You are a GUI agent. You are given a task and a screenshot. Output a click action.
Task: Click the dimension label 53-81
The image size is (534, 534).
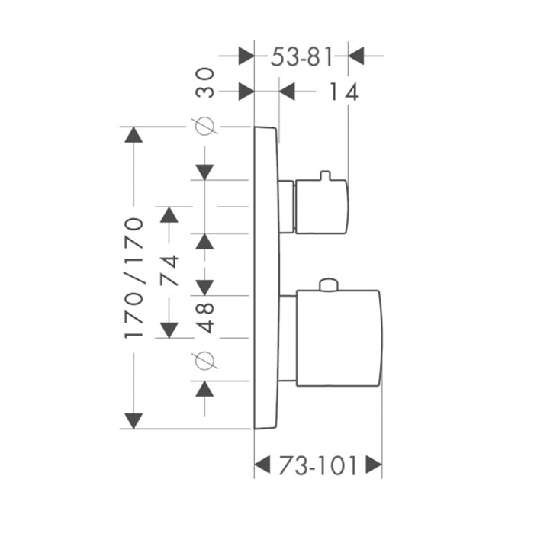pos(301,57)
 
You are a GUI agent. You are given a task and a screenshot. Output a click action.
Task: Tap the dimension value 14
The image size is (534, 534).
pos(343,92)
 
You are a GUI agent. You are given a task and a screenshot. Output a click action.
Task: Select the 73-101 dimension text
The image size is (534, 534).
pos(318,465)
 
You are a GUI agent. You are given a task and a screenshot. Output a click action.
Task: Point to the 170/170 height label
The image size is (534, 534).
pos(133,278)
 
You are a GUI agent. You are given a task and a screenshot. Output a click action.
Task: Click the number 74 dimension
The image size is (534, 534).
pos(169,270)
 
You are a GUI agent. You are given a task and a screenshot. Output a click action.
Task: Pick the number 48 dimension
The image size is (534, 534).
pos(205,318)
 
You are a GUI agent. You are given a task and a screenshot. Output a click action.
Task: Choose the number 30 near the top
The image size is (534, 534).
pos(205,82)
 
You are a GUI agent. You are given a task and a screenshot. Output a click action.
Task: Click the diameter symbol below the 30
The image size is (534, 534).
pos(204,126)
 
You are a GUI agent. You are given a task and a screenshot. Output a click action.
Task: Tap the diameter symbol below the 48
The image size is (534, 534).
pos(204,361)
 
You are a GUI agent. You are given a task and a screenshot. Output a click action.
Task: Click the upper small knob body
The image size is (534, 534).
pos(321,207)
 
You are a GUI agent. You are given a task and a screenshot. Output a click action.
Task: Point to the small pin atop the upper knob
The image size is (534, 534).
pos(325,175)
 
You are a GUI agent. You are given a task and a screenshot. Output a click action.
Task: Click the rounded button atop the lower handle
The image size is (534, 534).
pos(329,285)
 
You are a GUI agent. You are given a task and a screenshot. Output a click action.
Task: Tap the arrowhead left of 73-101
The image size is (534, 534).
pos(262,464)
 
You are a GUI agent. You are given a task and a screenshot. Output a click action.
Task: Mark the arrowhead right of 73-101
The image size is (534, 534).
pos(374,464)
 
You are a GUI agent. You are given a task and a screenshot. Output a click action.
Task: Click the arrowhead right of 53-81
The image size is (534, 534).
pos(356,56)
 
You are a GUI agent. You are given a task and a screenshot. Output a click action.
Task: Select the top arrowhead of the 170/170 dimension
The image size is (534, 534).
pos(133,134)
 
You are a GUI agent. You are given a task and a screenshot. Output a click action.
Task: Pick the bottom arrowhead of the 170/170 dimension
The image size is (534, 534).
pos(133,421)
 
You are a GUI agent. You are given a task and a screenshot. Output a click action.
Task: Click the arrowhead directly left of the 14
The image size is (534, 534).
pos(287,92)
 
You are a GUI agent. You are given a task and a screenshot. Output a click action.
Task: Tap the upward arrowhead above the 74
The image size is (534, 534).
pos(169,214)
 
